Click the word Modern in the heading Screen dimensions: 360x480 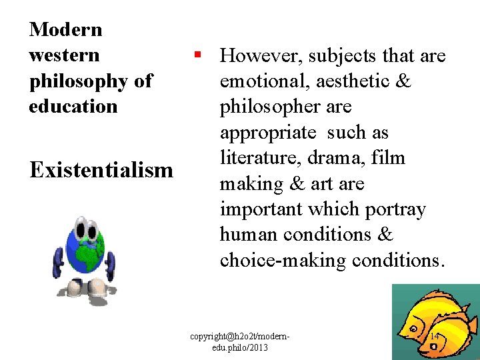coord(66,30)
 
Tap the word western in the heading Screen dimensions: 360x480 coord(64,55)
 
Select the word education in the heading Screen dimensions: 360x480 coord(73,107)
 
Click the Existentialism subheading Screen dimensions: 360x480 coord(101,170)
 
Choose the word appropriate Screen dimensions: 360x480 coord(268,133)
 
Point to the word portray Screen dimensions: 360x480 coord(395,209)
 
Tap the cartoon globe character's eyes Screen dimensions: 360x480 coord(85,231)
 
